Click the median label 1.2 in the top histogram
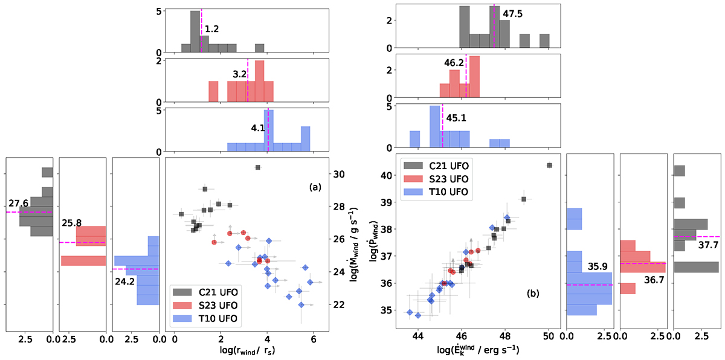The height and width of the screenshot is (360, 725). pos(210,28)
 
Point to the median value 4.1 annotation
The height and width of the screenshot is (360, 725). pos(259,128)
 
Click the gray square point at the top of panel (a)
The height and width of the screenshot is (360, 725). pos(258,167)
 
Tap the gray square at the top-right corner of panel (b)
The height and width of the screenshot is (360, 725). pos(549,165)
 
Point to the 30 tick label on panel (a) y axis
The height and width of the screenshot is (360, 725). pos(341,174)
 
